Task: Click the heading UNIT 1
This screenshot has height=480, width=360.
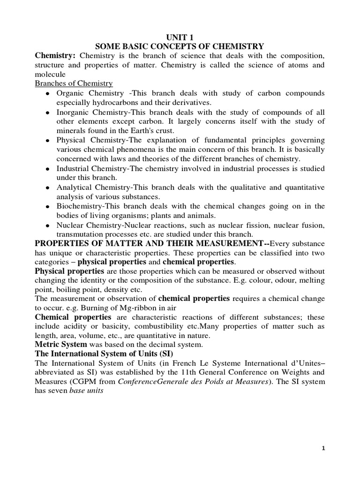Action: point(180,37)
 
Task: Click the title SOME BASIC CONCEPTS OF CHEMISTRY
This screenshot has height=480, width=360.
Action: point(180,46)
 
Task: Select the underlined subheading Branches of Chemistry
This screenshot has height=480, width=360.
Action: point(74,83)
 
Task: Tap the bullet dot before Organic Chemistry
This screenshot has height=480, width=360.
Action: point(48,94)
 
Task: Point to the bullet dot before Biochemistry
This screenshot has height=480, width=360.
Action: point(48,207)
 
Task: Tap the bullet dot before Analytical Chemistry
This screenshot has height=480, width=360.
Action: point(48,188)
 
